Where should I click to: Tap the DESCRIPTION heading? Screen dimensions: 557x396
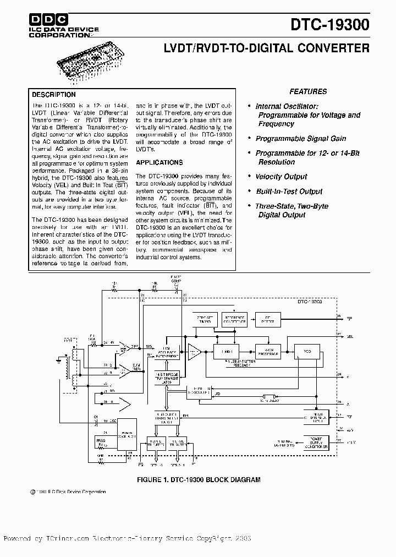pyautogui.click(x=54, y=95)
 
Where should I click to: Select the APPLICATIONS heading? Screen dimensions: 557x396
pyautogui.click(x=159, y=163)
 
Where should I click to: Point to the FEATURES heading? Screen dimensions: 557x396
pyautogui.click(x=308, y=92)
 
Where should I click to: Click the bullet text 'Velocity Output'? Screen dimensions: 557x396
pyautogui.click(x=281, y=177)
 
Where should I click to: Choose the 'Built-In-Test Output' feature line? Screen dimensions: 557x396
pyautogui.click(x=289, y=192)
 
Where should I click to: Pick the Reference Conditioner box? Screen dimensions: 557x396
pyautogui.click(x=235, y=319)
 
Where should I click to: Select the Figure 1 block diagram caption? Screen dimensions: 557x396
pyautogui.click(x=199, y=479)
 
